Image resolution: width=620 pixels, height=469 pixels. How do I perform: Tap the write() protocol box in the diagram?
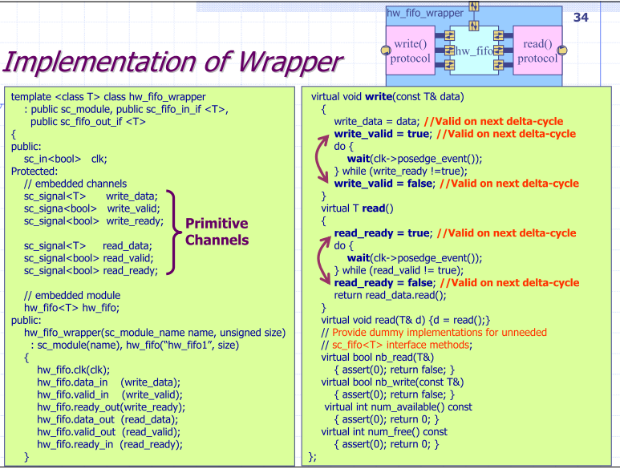pyautogui.click(x=410, y=51)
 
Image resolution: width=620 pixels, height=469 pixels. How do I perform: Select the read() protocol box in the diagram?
pyautogui.click(x=537, y=51)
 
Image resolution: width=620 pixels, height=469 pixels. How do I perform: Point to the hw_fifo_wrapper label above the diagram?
pyautogui.click(x=425, y=13)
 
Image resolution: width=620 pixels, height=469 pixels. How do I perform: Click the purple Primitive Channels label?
pyautogui.click(x=217, y=231)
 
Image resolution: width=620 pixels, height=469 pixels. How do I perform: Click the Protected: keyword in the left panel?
pyautogui.click(x=35, y=172)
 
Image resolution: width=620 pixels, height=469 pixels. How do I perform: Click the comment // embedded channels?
pyautogui.click(x=71, y=184)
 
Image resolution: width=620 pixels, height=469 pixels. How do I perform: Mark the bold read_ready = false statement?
pyautogui.click(x=382, y=282)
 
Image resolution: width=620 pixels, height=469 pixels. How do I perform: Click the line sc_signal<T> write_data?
pyautogui.click(x=91, y=196)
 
